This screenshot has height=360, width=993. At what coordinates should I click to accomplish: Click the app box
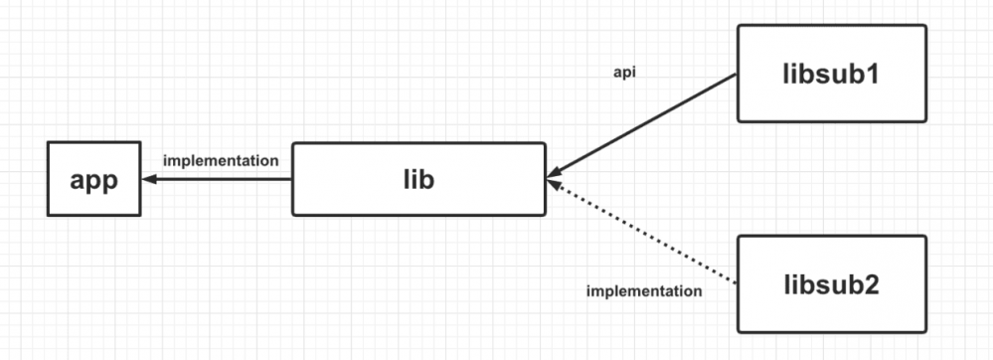click(94, 180)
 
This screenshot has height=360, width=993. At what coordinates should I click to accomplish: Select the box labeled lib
click(418, 179)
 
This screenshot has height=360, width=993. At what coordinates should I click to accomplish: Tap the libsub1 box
click(831, 74)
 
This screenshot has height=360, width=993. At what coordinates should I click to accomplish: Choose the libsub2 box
click(831, 283)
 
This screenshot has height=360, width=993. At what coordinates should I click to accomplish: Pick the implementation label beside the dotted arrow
click(644, 291)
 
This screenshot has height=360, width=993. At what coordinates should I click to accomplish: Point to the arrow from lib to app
click(217, 180)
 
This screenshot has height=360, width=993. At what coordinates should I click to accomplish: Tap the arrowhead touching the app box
click(148, 180)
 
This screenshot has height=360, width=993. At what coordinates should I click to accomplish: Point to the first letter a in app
click(77, 182)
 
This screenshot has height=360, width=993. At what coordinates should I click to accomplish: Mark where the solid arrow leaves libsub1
click(736, 75)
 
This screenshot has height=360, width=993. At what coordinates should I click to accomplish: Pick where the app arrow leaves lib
click(291, 180)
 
